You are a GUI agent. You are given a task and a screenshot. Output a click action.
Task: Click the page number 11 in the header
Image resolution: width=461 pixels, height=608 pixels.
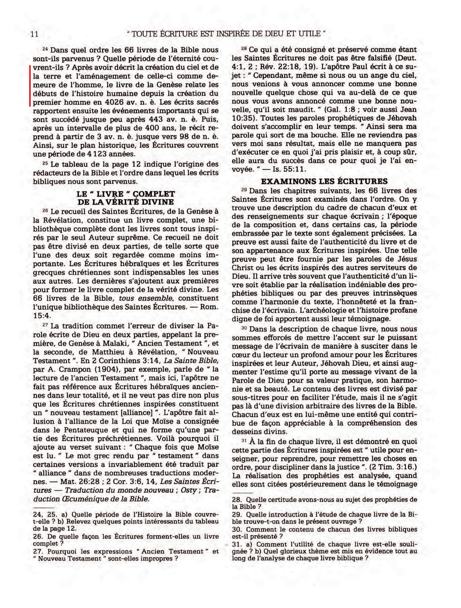click(35, 34)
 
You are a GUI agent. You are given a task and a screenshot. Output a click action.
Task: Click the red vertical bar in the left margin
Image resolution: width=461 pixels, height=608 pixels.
click(30, 86)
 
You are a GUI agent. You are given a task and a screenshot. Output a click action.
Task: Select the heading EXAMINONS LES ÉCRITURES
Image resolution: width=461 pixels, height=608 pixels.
click(324, 181)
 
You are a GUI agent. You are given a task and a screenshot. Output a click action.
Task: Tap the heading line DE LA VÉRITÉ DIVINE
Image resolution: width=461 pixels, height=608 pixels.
click(126, 202)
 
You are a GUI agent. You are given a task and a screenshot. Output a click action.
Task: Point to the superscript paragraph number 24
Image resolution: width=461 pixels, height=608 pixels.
click(45, 48)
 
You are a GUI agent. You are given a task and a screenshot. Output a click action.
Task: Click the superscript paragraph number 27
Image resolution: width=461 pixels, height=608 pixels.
click(45, 325)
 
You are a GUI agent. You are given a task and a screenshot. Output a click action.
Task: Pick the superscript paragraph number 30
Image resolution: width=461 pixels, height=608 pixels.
click(244, 328)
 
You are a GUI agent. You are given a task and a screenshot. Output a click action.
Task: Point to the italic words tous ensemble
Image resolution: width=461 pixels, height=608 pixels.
click(146, 298)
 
